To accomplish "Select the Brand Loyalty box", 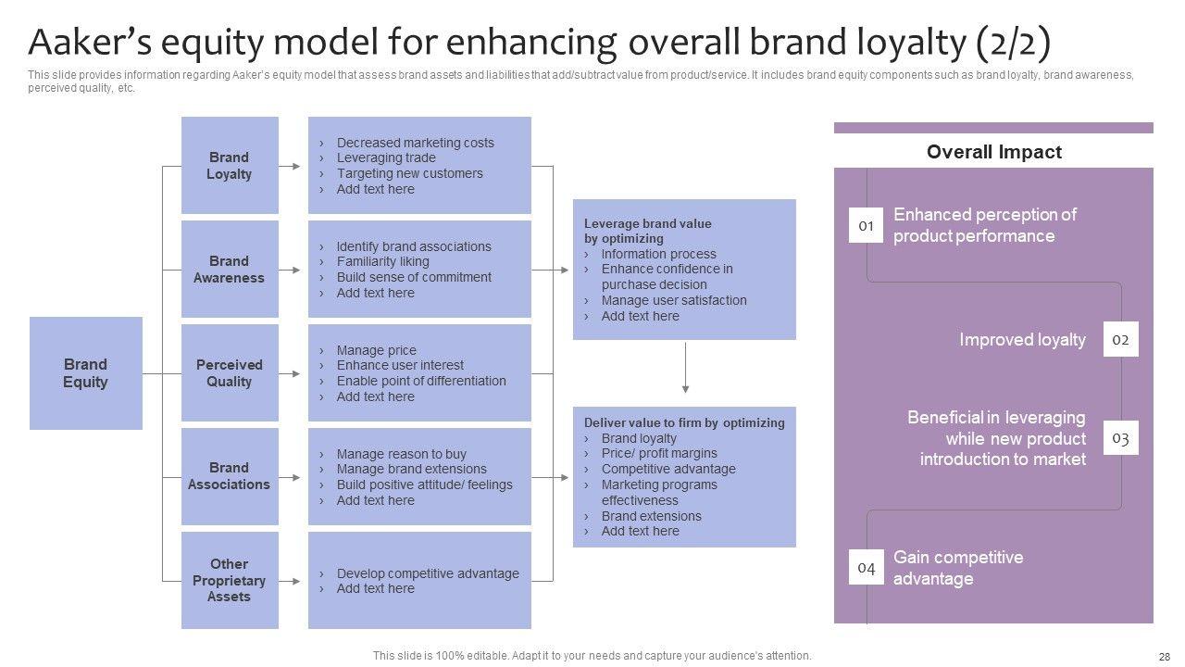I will pyautogui.click(x=230, y=166).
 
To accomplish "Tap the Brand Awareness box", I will pyautogui.click(x=230, y=270).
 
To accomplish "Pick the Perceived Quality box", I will pyautogui.click(x=230, y=373).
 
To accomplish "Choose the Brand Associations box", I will pyautogui.click(x=230, y=476).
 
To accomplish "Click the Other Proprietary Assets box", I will pyautogui.click(x=230, y=581).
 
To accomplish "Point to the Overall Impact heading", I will pyautogui.click(x=993, y=152).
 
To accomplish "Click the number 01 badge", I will pyautogui.click(x=867, y=226).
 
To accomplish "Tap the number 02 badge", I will pyautogui.click(x=1120, y=340).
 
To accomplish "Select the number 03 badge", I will pyautogui.click(x=1120, y=438).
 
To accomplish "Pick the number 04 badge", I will pyautogui.click(x=867, y=568).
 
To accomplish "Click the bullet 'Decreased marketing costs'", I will pyautogui.click(x=415, y=143).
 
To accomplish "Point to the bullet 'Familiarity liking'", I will pyautogui.click(x=382, y=262).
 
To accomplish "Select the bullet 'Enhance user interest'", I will pyautogui.click(x=400, y=366).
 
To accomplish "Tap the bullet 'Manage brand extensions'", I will pyautogui.click(x=411, y=470).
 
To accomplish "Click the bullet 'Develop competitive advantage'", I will pyautogui.click(x=428, y=573).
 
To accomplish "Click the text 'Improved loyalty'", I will pyautogui.click(x=1022, y=340).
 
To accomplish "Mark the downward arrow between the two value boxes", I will pyautogui.click(x=685, y=369).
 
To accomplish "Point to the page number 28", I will pyautogui.click(x=1165, y=656).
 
